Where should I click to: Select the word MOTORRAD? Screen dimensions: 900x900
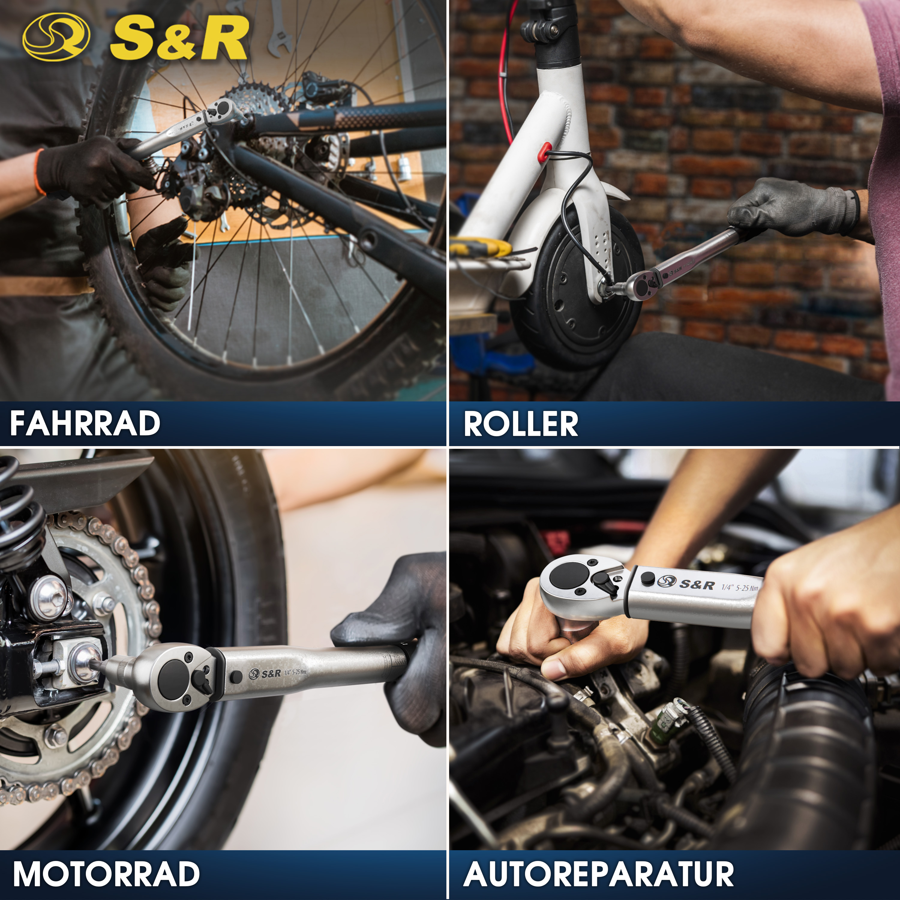(x=106, y=874)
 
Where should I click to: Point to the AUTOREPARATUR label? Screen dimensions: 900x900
(x=598, y=874)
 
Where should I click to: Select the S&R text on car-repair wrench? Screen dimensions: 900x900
(x=696, y=584)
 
